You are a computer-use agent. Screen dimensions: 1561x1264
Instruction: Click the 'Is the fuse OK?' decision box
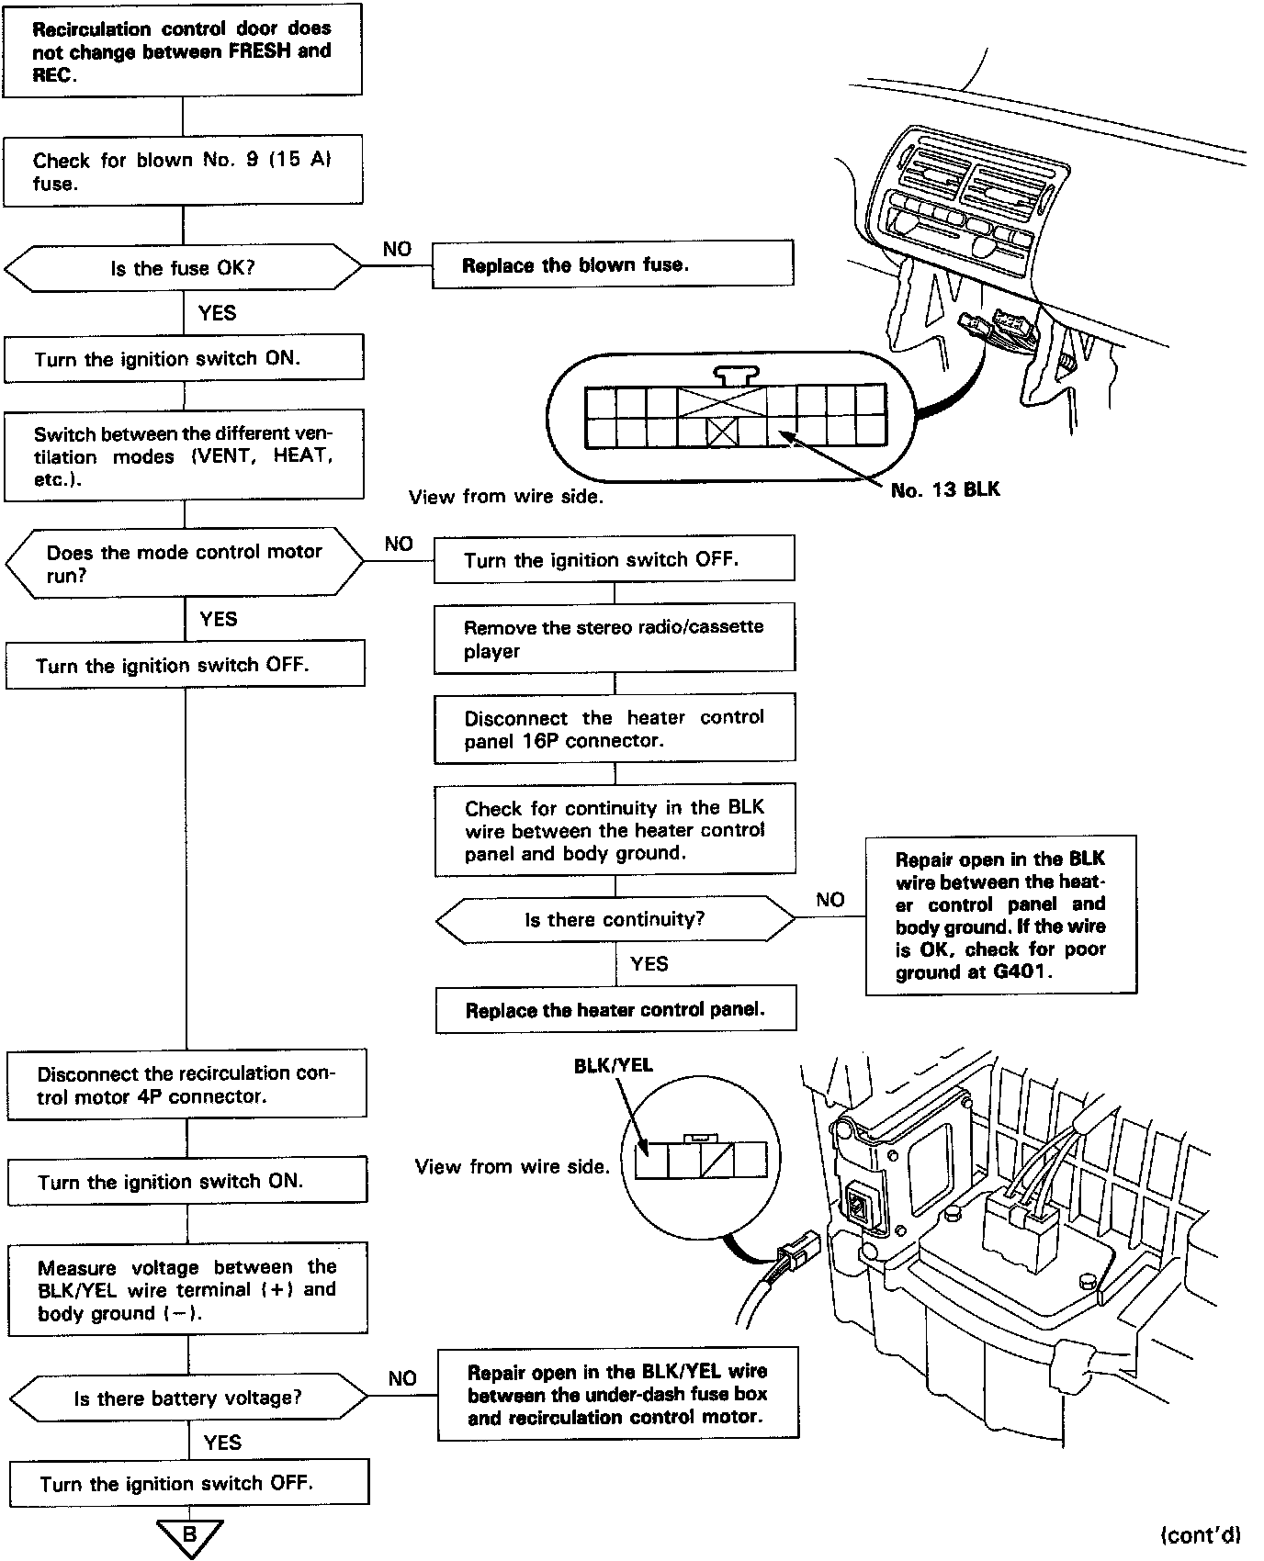coord(183,268)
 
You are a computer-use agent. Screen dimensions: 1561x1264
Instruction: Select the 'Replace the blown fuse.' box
coord(613,265)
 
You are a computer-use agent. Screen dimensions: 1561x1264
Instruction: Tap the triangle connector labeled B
coord(189,1535)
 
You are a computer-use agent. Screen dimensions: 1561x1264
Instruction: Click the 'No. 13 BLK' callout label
coord(945,490)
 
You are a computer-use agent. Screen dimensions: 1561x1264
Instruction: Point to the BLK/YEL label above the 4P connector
coord(613,1065)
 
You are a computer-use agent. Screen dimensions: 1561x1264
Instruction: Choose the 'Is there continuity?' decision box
coord(615,919)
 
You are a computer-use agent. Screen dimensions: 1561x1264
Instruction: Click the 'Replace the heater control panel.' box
coord(615,1010)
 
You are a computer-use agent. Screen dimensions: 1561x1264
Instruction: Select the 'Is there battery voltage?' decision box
coord(187,1398)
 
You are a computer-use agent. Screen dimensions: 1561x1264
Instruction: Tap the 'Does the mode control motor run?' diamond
coord(185,563)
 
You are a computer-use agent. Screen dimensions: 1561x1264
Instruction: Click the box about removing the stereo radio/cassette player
coord(614,638)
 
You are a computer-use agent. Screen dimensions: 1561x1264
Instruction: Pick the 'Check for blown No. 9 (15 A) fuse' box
coord(183,171)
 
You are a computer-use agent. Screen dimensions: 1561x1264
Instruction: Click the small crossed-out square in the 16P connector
coord(723,432)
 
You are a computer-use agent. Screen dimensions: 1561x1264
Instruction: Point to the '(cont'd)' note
coord(1201,1534)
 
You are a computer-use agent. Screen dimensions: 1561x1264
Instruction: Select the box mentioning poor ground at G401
coord(1000,915)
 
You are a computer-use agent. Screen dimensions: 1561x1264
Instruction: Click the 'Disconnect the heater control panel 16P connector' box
coord(614,729)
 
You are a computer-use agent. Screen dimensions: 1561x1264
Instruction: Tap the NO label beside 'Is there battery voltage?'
coord(402,1378)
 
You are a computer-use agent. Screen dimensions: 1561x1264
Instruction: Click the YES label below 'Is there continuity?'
coord(649,963)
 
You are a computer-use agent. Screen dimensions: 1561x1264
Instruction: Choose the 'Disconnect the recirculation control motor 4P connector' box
coord(186,1084)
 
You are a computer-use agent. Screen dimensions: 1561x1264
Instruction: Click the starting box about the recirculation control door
coord(182,51)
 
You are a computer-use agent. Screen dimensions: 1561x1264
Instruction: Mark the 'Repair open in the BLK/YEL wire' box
coord(617,1394)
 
